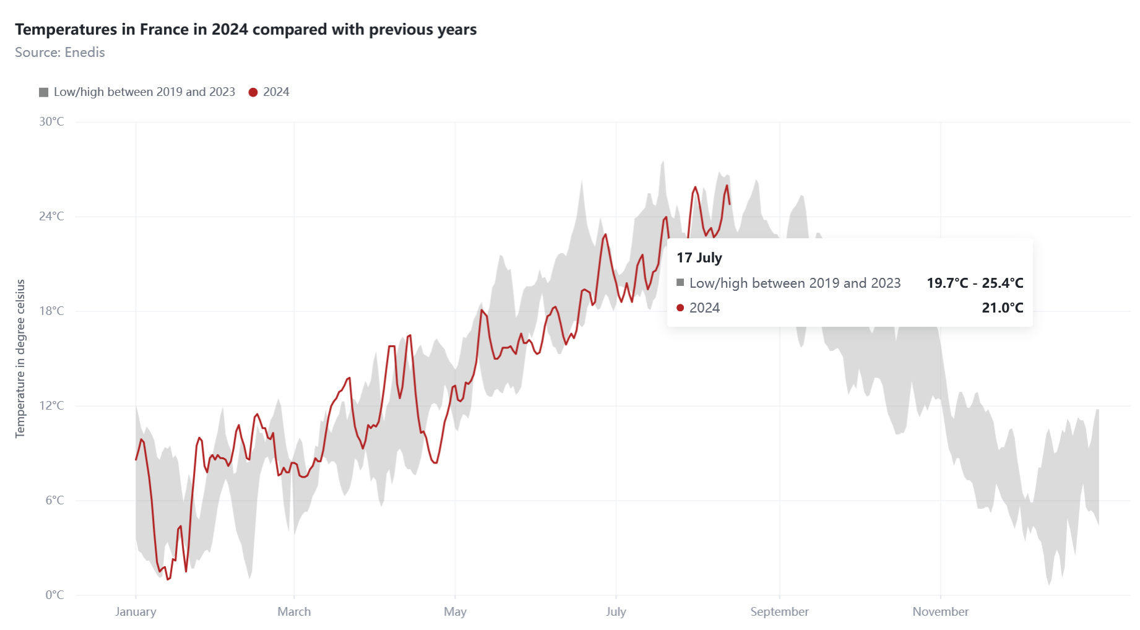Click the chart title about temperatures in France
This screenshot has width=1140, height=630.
click(246, 30)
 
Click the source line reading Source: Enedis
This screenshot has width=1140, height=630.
click(60, 53)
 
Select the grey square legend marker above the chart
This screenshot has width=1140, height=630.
click(43, 92)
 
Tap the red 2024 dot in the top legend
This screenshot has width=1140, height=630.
click(253, 92)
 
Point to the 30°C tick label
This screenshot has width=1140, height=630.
click(51, 122)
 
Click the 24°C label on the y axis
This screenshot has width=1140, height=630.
click(51, 217)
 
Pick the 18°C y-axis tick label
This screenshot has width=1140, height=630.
click(51, 311)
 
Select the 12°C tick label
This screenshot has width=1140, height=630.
click(51, 406)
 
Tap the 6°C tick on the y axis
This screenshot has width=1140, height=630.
click(54, 501)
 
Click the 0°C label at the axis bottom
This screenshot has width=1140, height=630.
click(54, 595)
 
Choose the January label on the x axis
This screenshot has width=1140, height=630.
click(136, 612)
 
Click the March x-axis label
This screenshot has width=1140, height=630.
click(294, 612)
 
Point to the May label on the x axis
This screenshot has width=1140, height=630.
click(455, 612)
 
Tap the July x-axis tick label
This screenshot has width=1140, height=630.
click(616, 612)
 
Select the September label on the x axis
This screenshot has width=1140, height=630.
click(779, 612)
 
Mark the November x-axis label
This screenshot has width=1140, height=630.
click(940, 612)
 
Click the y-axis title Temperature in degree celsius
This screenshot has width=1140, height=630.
click(20, 359)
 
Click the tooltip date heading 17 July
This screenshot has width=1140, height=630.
click(699, 258)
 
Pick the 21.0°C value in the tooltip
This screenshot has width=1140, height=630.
click(1002, 308)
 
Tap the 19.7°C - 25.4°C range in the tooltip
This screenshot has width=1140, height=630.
click(975, 283)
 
